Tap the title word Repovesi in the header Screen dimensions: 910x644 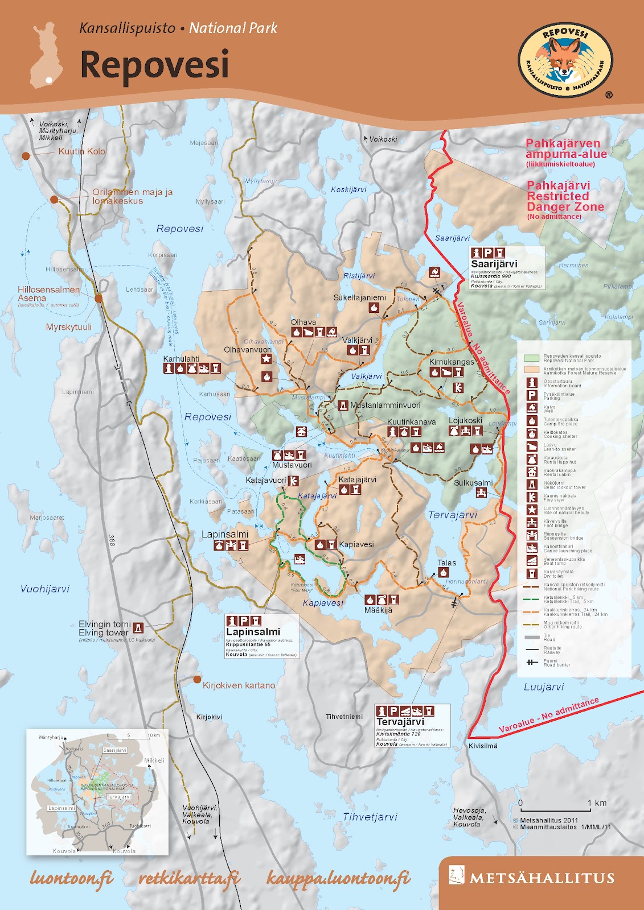click(x=154, y=64)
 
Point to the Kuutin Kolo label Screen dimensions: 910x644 click(x=81, y=151)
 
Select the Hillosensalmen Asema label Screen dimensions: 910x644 click(x=48, y=293)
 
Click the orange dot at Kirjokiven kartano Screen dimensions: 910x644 click(x=197, y=679)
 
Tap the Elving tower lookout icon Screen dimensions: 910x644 click(x=138, y=628)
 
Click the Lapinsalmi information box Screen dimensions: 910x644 click(x=262, y=636)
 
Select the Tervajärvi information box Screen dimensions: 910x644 click(x=412, y=725)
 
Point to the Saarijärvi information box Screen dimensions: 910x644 click(x=507, y=267)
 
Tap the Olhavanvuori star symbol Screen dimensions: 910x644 click(x=266, y=359)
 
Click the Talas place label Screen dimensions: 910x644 click(x=446, y=562)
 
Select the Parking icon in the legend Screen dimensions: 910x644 click(x=532, y=395)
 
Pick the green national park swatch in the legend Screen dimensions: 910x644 click(x=531, y=358)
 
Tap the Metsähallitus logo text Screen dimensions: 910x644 click(x=541, y=878)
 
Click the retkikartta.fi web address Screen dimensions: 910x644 click(x=189, y=879)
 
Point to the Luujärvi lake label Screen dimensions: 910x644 click(x=544, y=686)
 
